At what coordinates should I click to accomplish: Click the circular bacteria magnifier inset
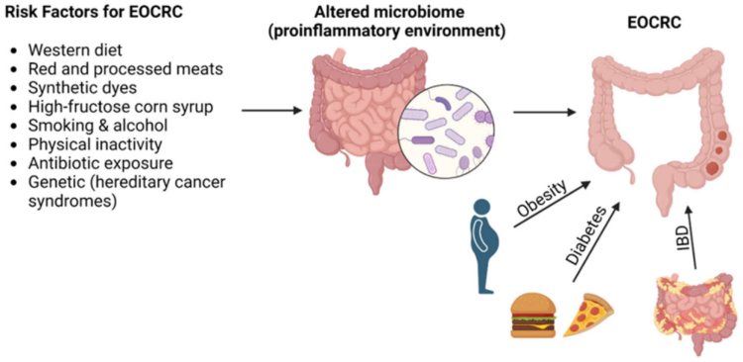coord(447,128)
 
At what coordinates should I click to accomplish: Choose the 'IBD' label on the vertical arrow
coord(683,238)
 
